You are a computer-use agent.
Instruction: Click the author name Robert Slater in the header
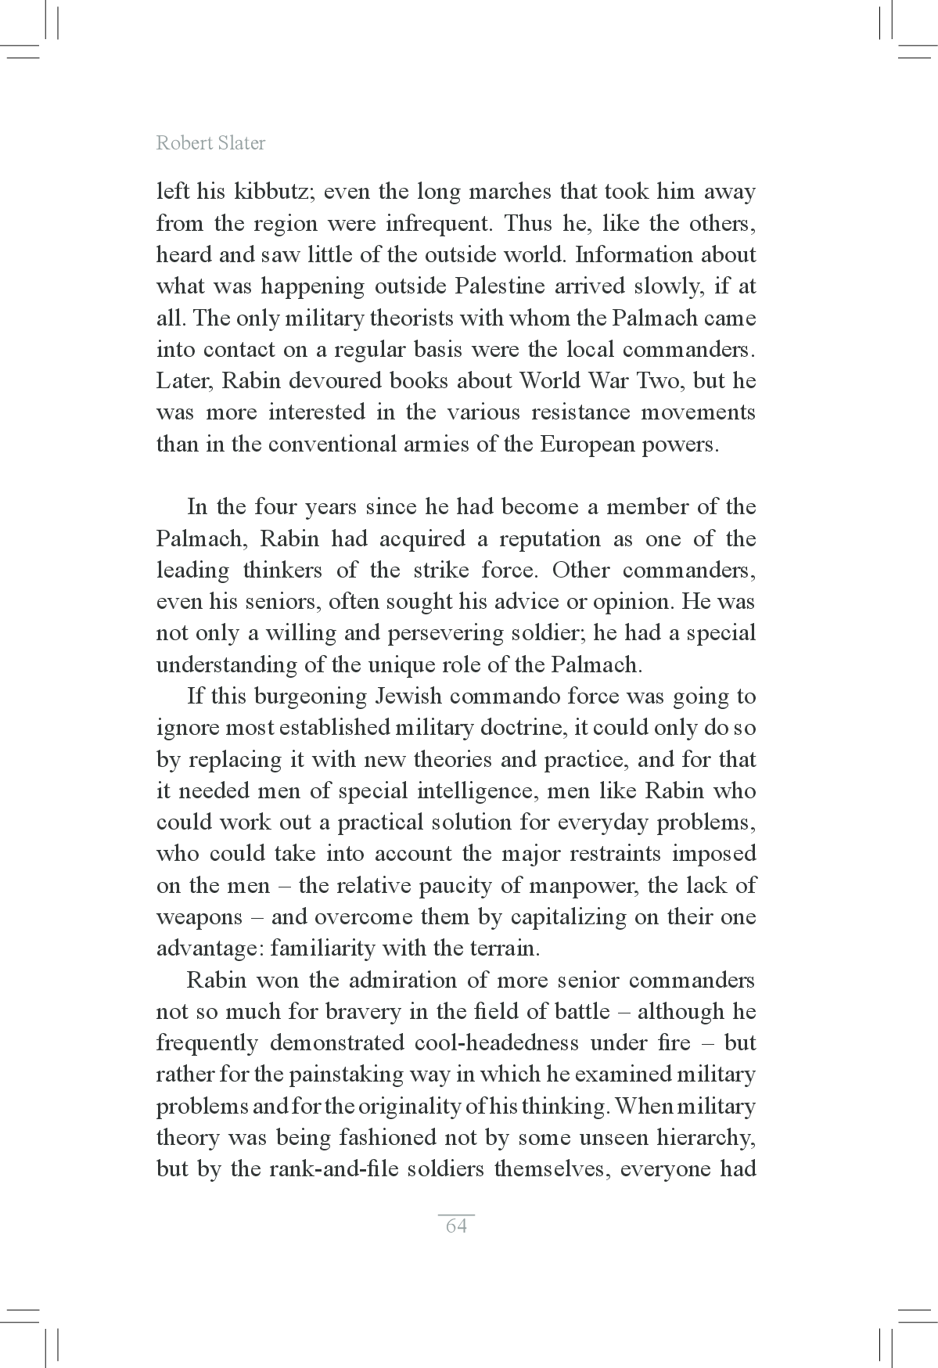pyautogui.click(x=210, y=142)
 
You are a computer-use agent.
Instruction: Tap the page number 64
pyautogui.click(x=456, y=1226)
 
